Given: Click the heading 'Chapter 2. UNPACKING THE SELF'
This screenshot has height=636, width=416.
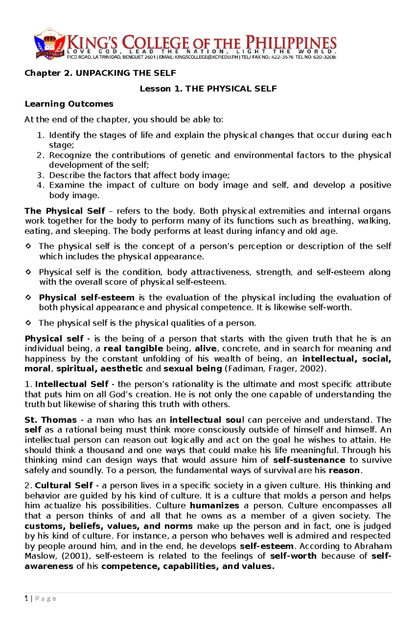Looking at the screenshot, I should coord(100,73).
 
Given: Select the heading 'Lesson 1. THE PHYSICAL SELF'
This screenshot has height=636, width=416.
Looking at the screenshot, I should coord(208,89).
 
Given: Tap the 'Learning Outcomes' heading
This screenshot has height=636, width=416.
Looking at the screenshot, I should coord(69,104).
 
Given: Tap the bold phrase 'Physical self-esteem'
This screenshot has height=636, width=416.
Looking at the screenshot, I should coord(87,298).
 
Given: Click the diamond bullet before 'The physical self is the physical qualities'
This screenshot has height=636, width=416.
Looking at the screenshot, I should coord(28,323).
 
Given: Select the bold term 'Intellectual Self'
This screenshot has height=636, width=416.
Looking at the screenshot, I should coord(72,384).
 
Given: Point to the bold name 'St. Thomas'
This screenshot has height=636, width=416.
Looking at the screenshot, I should coord(51,420).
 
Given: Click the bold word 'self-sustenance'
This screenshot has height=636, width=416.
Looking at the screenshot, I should coord(309,460).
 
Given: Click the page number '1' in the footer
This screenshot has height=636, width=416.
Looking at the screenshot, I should coord(26,599).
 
